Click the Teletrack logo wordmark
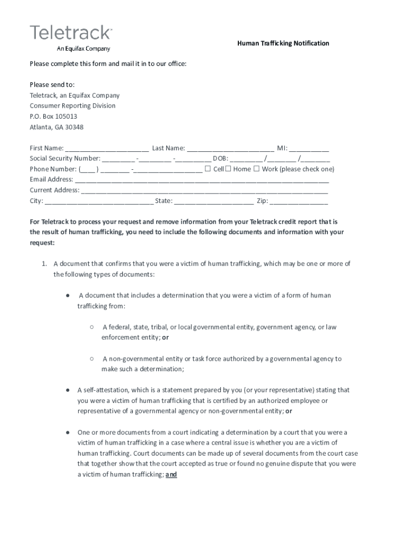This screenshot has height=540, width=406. coord(71,33)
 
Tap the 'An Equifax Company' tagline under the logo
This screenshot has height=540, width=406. coord(83,49)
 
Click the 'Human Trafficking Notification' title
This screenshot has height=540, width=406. coord(283,43)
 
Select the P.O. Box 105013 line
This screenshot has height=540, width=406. coord(53,117)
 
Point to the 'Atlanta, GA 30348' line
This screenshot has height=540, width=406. coord(56,127)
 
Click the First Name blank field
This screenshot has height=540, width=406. coord(107,150)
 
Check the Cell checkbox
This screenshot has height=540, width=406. coord(208,169)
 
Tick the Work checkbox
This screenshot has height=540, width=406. coord(256,169)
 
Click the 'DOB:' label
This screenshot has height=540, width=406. coord(220,159)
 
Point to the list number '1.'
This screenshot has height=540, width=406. coord(45,264)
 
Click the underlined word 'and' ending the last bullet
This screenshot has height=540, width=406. coord(171,475)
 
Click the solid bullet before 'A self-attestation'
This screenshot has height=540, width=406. coord(68,390)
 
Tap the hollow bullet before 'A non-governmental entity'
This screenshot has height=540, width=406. coord(91,358)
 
